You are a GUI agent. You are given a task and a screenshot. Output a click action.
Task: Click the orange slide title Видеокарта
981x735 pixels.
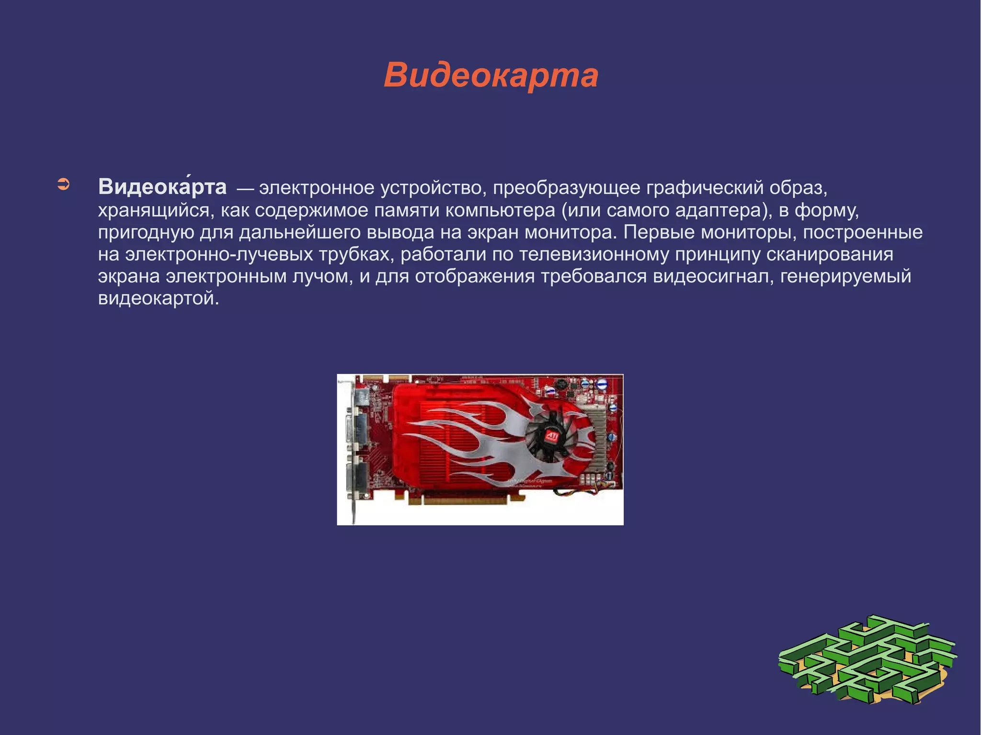point(490,76)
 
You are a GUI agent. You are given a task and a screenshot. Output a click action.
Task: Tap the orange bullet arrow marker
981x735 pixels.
point(63,184)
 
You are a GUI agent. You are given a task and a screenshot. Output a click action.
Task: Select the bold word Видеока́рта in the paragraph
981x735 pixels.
point(162,187)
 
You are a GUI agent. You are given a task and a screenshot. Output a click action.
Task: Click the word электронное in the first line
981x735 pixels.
point(317,188)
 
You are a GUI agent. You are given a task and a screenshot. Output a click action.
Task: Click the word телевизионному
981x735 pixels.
point(594,254)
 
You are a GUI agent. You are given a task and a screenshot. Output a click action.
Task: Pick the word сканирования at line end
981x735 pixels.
point(830,254)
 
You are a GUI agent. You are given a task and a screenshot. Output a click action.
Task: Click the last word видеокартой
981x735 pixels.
point(158,298)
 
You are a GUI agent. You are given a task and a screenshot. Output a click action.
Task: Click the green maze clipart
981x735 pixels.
point(867,661)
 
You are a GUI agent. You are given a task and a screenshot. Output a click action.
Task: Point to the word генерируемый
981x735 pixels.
point(845,276)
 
